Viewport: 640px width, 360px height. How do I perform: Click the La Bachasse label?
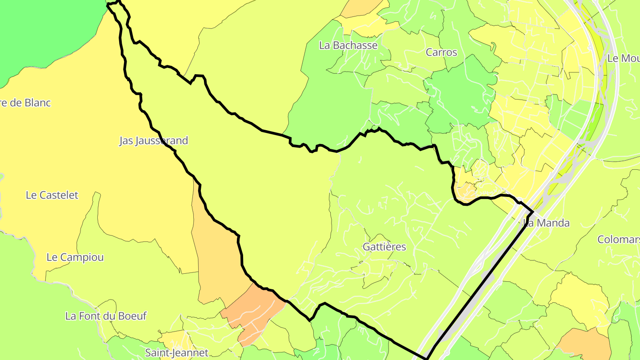[x=348, y=45]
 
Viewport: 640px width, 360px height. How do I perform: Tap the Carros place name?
[x=441, y=52]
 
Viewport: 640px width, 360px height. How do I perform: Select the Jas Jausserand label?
[x=154, y=141]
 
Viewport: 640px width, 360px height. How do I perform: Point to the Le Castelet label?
[x=52, y=195]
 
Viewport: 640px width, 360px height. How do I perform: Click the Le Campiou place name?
[x=75, y=257]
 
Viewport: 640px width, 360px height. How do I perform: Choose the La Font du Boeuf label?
[x=106, y=316]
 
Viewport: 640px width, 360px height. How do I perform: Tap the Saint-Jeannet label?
[x=177, y=353]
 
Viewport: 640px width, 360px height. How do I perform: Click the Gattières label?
[x=384, y=247]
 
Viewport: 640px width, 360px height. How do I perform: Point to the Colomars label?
[x=618, y=240]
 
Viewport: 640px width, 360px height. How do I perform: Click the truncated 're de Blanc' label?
[x=26, y=103]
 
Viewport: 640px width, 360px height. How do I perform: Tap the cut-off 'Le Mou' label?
[x=623, y=58]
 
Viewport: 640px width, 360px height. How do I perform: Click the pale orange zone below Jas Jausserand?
[x=218, y=258]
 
